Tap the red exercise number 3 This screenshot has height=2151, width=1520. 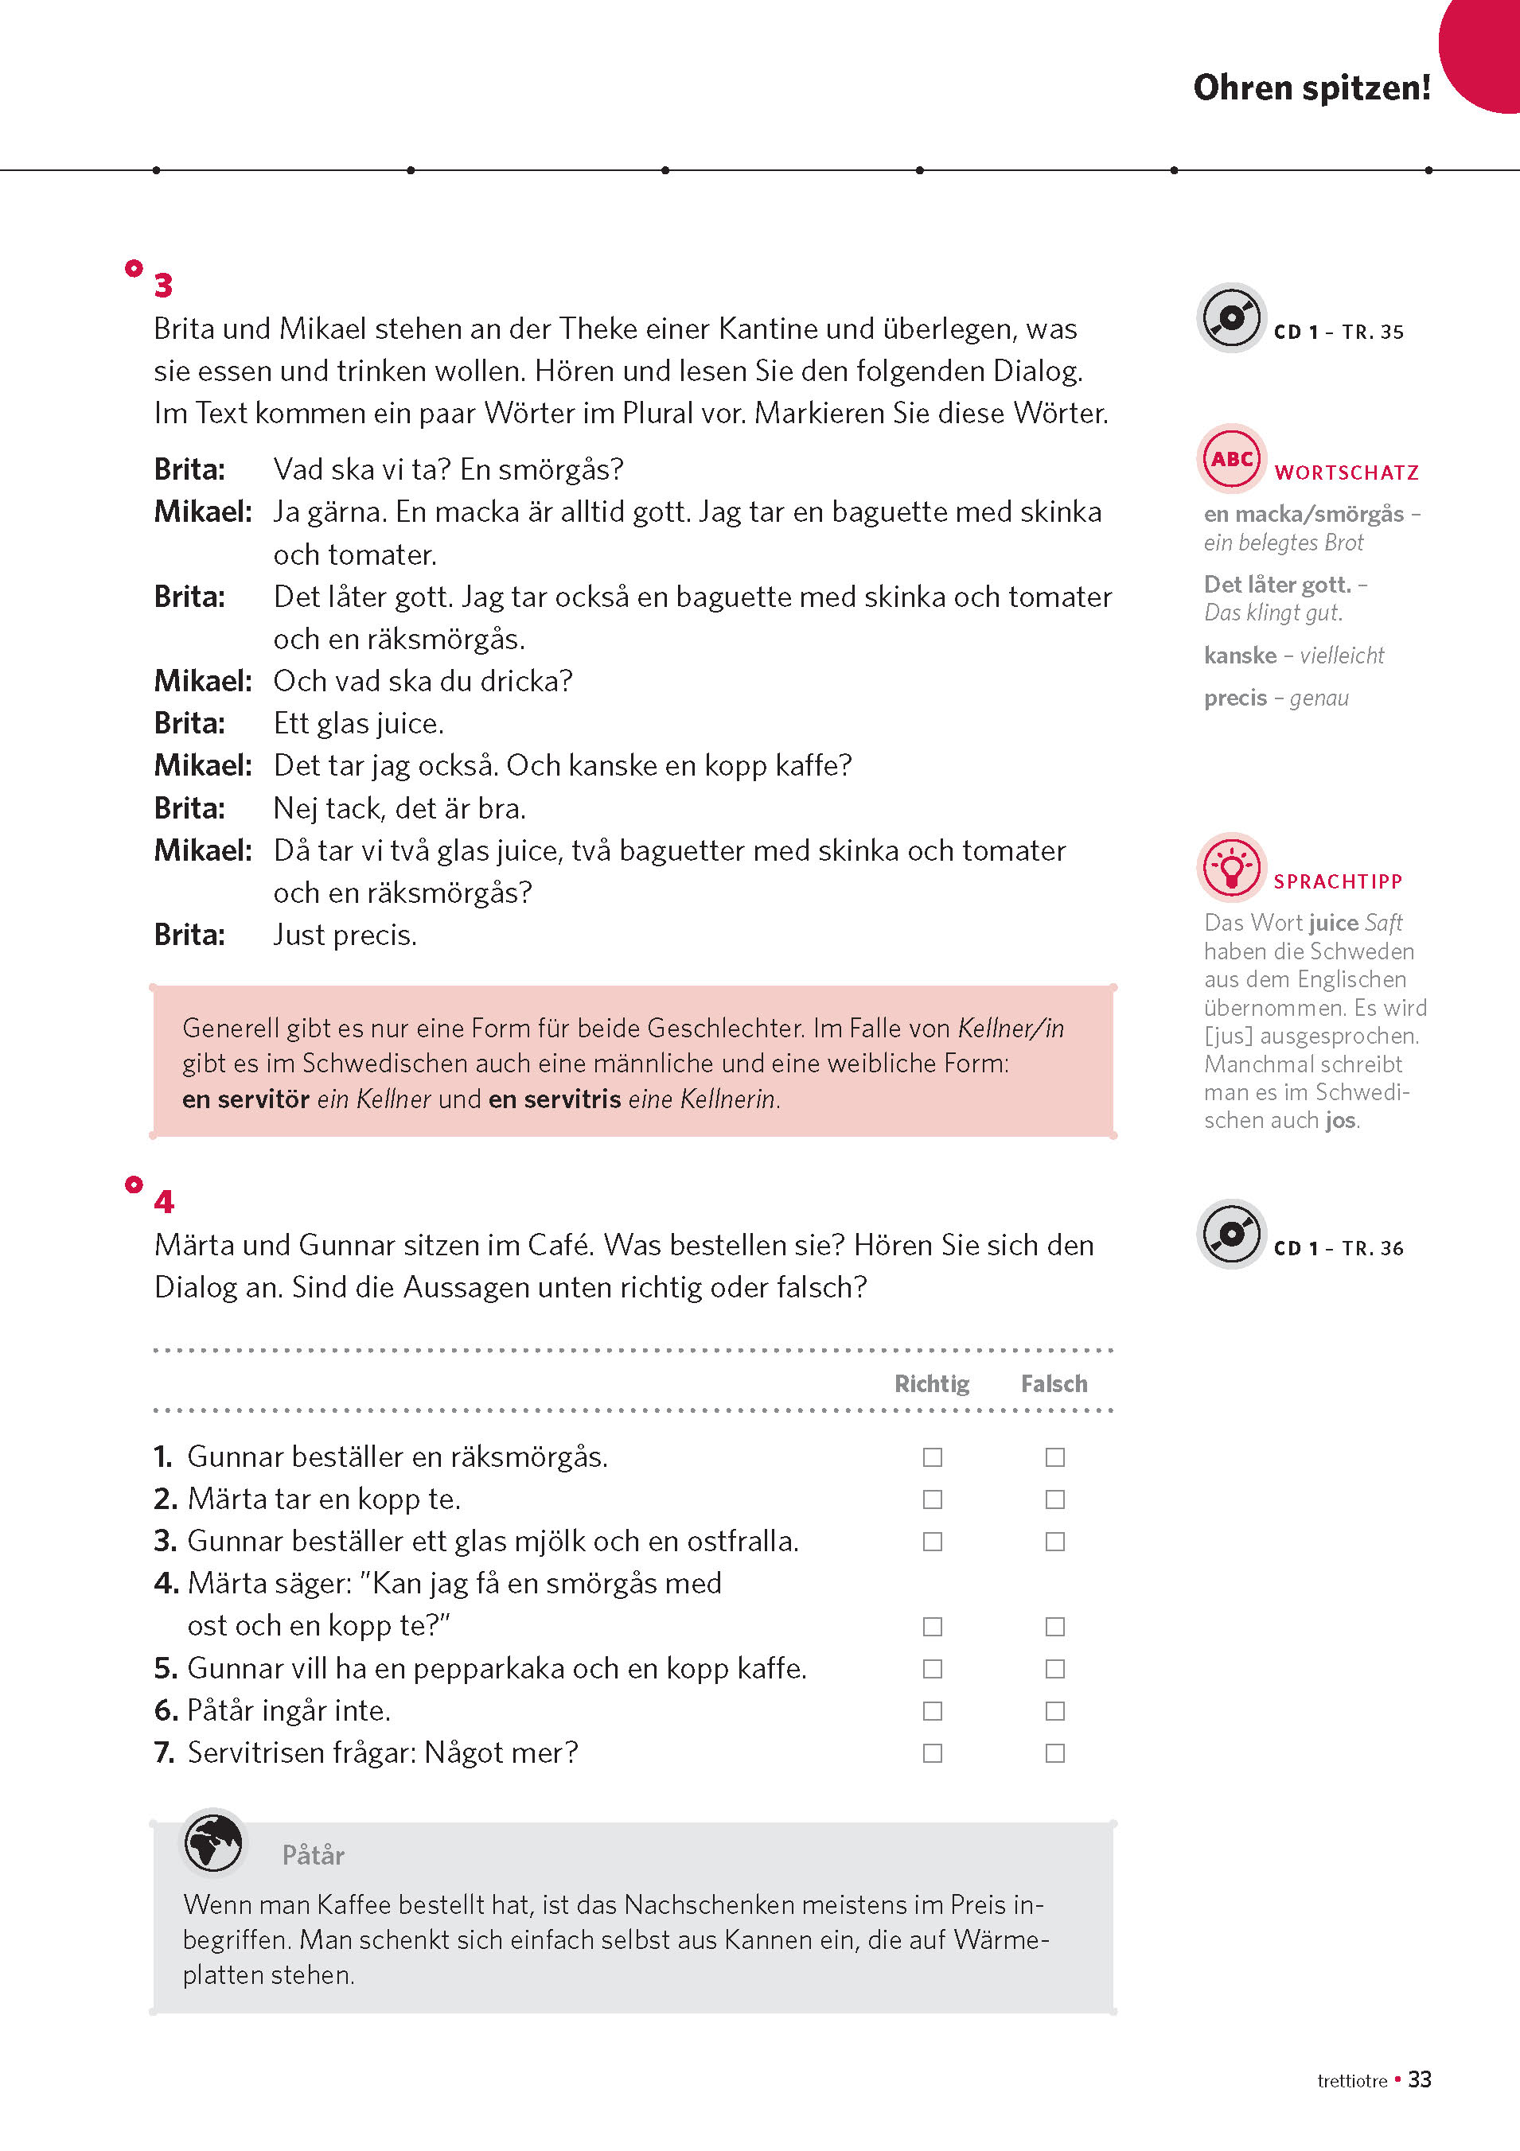[163, 285]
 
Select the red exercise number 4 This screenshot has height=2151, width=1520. [164, 1202]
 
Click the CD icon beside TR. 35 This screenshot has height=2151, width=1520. [1231, 317]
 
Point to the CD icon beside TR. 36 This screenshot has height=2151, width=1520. [1231, 1234]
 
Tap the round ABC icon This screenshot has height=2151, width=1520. [1231, 459]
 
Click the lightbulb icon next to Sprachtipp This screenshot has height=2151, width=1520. [1231, 866]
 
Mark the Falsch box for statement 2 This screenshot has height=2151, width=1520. [1055, 1499]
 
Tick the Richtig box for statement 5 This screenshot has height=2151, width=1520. [933, 1668]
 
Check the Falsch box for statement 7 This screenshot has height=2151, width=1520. [1055, 1752]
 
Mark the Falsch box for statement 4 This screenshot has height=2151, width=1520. [1055, 1626]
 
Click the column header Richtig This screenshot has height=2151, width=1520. [931, 1383]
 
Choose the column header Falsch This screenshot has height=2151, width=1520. [1054, 1383]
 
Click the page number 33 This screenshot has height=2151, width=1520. [1420, 2079]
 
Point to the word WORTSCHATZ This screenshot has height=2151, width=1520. [1347, 473]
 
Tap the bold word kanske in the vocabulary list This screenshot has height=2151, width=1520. [1240, 655]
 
